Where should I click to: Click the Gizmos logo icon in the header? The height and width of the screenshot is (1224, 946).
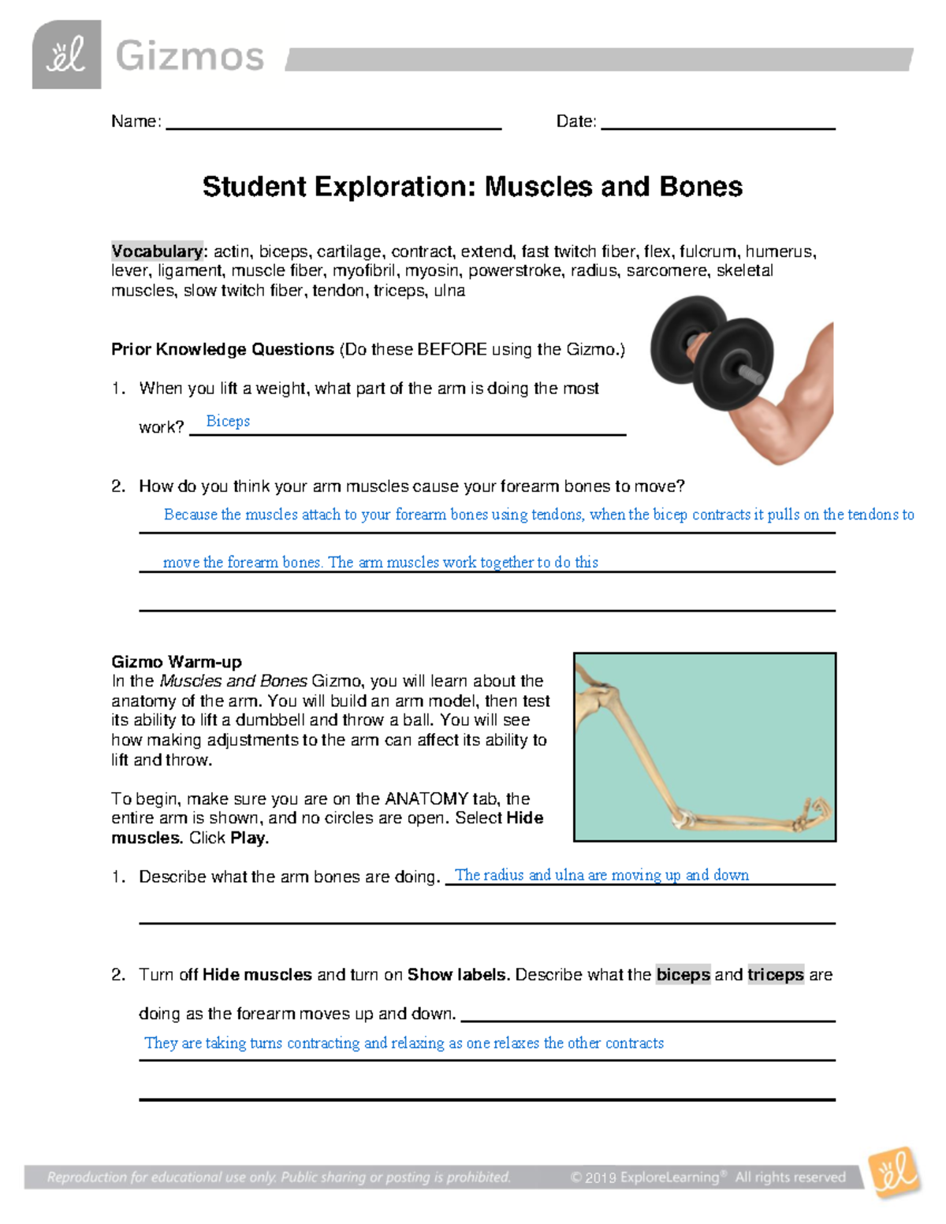[x=66, y=55]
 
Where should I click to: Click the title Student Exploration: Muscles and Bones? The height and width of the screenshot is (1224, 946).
[x=472, y=187]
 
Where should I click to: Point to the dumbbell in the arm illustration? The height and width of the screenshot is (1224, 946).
[x=709, y=351]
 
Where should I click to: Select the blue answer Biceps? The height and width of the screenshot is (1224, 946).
[x=228, y=421]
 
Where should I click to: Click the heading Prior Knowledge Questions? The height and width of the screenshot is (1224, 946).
[x=222, y=349]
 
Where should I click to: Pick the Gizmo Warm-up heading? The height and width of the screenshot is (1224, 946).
[x=177, y=661]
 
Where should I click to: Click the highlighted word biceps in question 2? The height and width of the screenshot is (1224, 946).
[x=683, y=975]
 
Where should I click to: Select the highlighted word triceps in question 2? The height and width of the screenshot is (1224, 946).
[x=776, y=975]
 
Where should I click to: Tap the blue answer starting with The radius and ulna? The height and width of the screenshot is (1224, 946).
[x=601, y=875]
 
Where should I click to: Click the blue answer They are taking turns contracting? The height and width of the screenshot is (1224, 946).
[x=404, y=1043]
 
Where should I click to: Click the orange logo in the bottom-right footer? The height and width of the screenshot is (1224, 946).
[x=894, y=1172]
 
